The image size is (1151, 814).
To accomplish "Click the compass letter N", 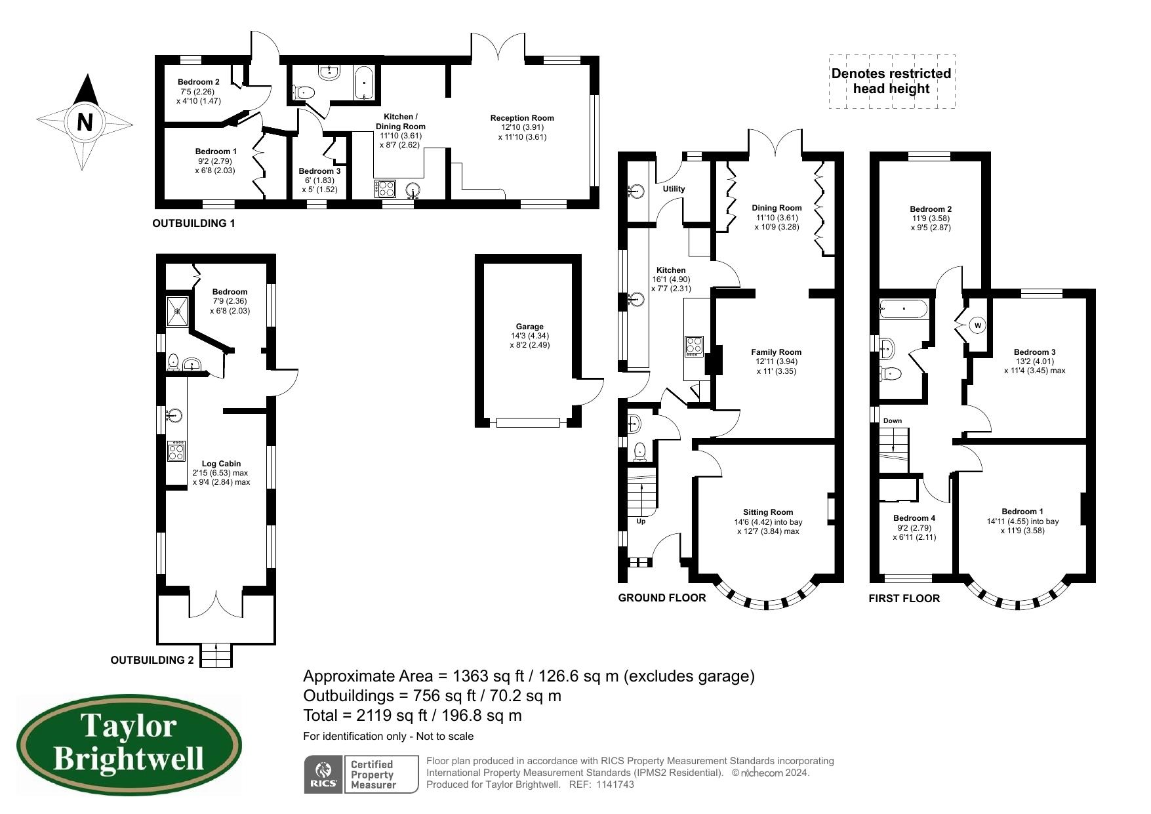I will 85,122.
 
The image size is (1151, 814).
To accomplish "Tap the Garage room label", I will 529,326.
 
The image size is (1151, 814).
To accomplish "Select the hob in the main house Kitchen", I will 694,346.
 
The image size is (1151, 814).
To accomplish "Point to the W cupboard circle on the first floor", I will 977,325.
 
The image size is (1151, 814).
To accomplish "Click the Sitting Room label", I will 767,512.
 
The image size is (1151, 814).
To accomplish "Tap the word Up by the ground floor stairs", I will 641,521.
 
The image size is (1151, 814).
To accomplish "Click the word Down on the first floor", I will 892,420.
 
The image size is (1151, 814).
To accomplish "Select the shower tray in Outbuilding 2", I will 177,312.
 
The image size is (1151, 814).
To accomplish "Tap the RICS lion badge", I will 323,774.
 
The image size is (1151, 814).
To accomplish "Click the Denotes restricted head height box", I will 891,81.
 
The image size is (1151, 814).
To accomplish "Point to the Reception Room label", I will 522,118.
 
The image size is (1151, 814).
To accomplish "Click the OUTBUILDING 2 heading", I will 151,660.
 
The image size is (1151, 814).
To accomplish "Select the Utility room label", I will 674,189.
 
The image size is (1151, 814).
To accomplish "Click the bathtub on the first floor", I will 904,308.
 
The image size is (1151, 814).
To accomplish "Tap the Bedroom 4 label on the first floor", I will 914,518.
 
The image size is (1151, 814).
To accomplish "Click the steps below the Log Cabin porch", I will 216,655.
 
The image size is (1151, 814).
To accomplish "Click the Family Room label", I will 776,352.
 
